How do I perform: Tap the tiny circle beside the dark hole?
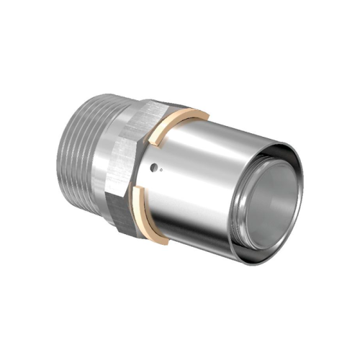coord(161,169)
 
